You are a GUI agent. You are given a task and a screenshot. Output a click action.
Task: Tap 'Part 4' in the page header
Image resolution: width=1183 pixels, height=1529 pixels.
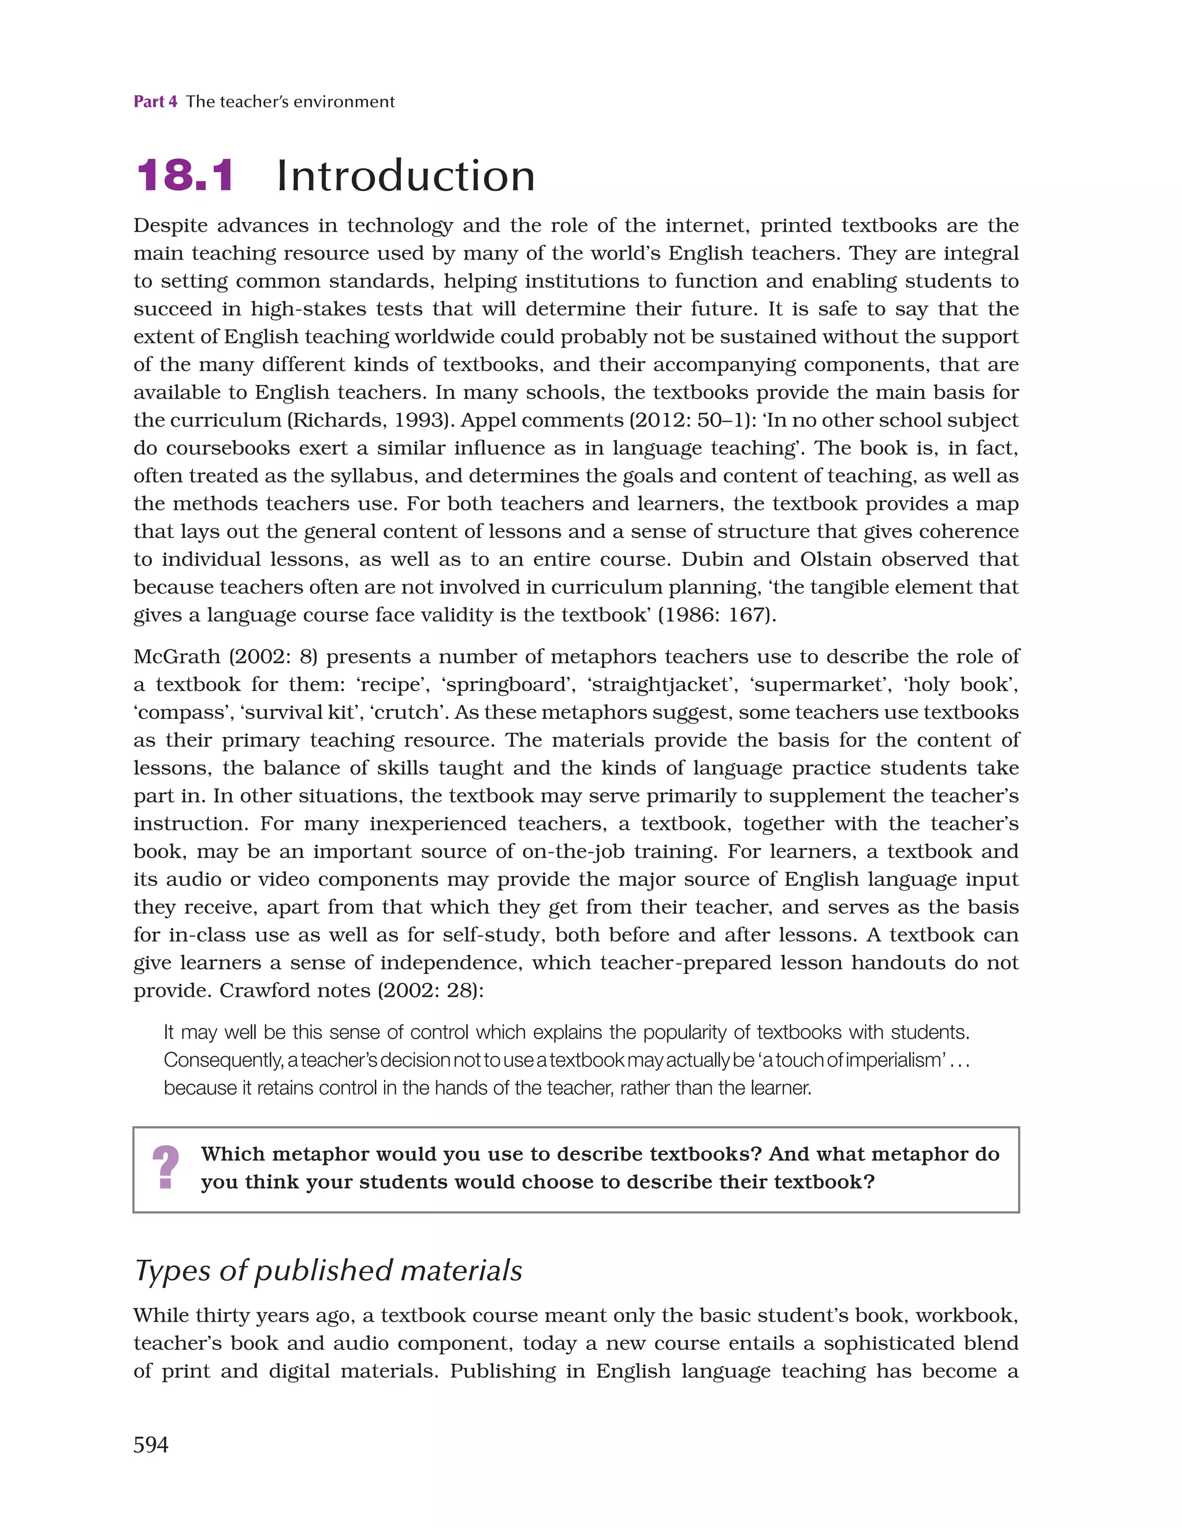click(x=155, y=102)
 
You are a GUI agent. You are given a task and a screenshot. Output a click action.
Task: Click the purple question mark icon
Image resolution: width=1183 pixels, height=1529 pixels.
click(x=166, y=1167)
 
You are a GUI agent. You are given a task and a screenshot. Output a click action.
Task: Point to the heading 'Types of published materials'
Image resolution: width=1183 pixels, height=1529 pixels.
click(x=328, y=1271)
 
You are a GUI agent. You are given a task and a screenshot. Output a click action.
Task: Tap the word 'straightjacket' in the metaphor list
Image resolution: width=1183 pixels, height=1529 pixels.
click(x=659, y=684)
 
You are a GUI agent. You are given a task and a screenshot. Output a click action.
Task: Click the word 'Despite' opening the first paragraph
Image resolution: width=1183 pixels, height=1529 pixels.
click(x=170, y=225)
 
